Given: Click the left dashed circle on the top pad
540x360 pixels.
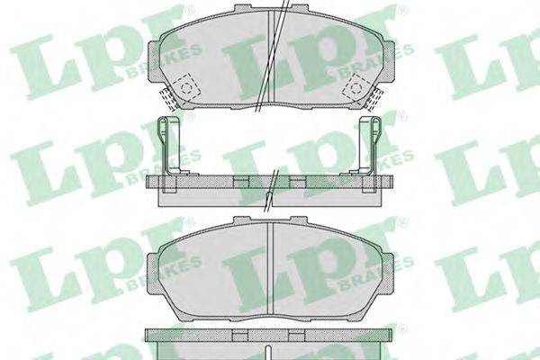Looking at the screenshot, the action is [x=186, y=89].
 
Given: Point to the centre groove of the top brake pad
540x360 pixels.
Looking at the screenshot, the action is [x=271, y=58].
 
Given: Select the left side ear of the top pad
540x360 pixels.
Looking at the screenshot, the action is [x=153, y=62].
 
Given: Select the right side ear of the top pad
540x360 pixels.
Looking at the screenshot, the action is [x=388, y=62].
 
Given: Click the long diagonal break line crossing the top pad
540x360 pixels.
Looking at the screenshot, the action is [x=272, y=56].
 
